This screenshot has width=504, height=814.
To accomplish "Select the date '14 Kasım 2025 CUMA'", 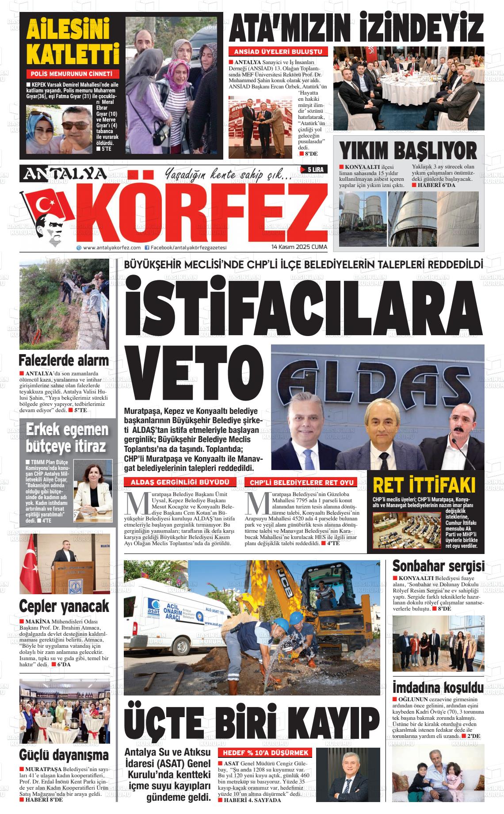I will pyautogui.click(x=299, y=247).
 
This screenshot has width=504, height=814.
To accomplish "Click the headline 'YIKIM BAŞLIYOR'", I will pyautogui.click(x=408, y=150).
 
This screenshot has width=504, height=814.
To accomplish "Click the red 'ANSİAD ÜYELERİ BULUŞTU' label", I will pyautogui.click(x=278, y=52).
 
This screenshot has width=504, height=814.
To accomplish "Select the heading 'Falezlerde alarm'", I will pyautogui.click(x=64, y=360).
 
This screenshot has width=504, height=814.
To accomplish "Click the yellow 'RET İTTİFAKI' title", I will pyautogui.click(x=424, y=485).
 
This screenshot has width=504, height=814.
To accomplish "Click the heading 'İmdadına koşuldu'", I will pyautogui.click(x=438, y=688).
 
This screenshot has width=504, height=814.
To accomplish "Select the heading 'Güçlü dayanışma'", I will pyautogui.click(x=64, y=754).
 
